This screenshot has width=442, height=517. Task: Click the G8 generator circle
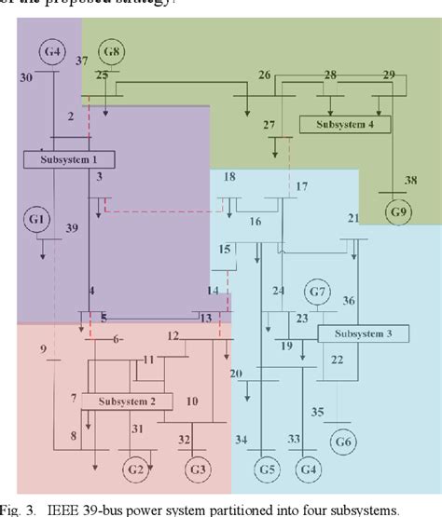[x=113, y=52]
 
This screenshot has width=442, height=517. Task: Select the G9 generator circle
[x=399, y=211]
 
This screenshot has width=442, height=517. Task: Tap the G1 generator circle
[x=37, y=219]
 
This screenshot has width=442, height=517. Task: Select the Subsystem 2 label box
[x=126, y=401]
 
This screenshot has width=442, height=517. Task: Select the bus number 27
[x=269, y=124]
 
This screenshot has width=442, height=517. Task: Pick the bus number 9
[x=44, y=349]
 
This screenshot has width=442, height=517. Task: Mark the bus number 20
[x=236, y=374]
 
